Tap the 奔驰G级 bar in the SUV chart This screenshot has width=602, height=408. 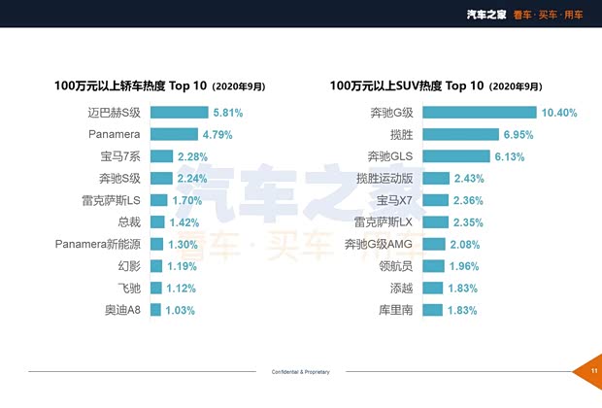point(480,112)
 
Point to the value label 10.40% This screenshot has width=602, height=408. point(560,113)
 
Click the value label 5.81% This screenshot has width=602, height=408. point(228,113)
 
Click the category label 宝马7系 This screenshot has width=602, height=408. point(120,155)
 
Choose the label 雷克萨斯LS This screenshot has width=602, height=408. point(115,200)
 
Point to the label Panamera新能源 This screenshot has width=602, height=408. point(101,244)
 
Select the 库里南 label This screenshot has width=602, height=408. point(397,310)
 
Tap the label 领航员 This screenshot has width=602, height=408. point(397,265)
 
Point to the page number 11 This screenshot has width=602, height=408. point(593,371)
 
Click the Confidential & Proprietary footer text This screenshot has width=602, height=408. point(300,372)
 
